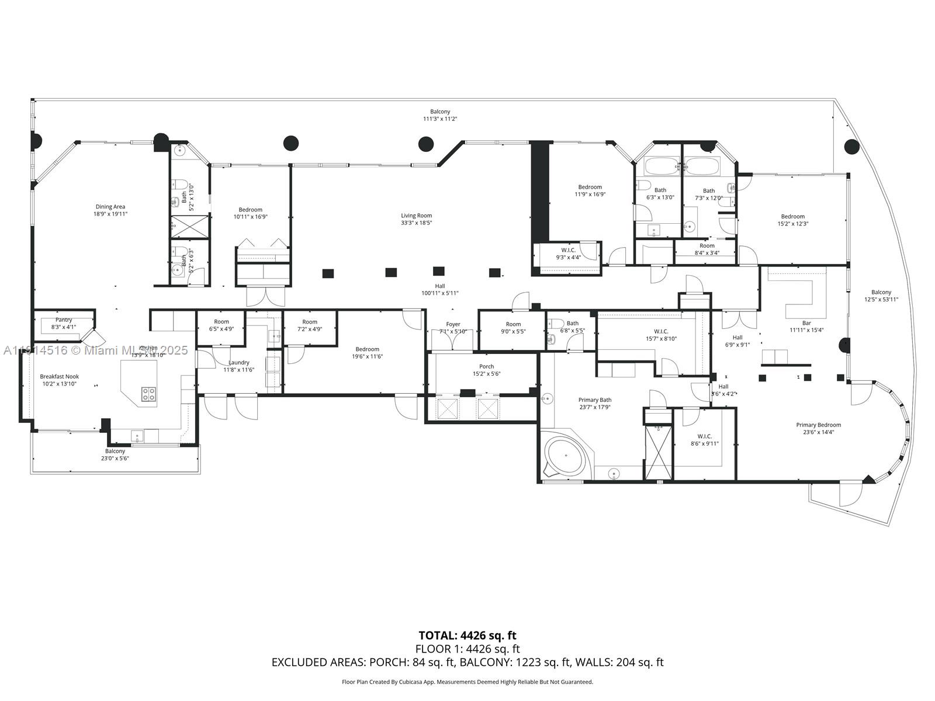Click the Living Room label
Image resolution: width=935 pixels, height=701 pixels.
416,216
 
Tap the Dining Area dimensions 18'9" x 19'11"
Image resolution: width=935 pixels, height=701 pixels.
110,214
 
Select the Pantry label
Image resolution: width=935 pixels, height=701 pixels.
64,320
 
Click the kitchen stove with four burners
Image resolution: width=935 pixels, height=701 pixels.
148,394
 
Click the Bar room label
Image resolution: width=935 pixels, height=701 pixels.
806,323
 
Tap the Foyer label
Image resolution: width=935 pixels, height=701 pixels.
453,324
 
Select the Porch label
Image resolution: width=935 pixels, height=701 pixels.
486,366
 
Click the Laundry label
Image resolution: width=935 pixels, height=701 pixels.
239,362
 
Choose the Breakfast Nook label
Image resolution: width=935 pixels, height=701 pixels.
59,377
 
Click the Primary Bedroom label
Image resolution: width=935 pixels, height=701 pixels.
818,425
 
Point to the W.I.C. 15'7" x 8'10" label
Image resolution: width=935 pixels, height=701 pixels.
661,331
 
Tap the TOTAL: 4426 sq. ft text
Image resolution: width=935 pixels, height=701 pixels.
467,635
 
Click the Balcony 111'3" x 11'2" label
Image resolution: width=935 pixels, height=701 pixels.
440,112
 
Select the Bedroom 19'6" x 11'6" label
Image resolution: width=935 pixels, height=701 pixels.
367,349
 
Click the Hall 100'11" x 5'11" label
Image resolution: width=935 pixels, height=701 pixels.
439,286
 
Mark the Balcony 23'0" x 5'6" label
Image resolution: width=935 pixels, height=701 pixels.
115,451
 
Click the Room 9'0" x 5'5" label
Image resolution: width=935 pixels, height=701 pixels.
513,324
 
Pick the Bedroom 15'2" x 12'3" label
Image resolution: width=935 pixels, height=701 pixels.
792,216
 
